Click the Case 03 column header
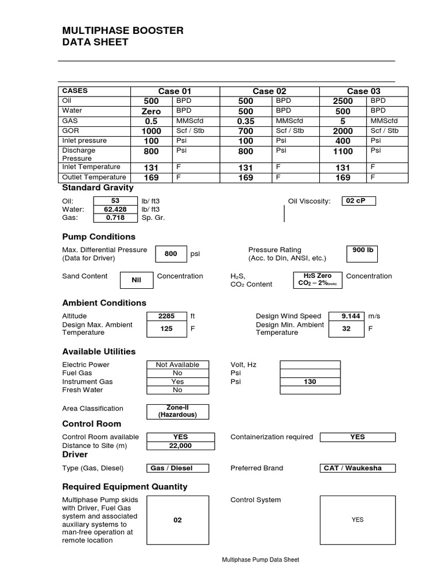coord(363,91)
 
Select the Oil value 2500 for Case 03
coord(343,101)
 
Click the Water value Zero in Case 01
coord(152,111)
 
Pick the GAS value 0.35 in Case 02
coord(246,121)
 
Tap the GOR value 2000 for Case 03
coord(343,131)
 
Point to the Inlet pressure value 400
coord(343,141)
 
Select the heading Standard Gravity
coord(98,187)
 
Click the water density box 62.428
coord(115,210)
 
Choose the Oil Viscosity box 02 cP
coord(358,201)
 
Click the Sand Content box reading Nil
coord(136,280)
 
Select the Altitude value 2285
coord(167,316)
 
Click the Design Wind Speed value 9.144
coord(350,316)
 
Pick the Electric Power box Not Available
coord(177,365)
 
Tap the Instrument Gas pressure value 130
coord(310,381)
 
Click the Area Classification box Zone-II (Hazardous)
coord(177,411)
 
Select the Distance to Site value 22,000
coord(180,446)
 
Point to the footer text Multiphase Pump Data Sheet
coord(260,560)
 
